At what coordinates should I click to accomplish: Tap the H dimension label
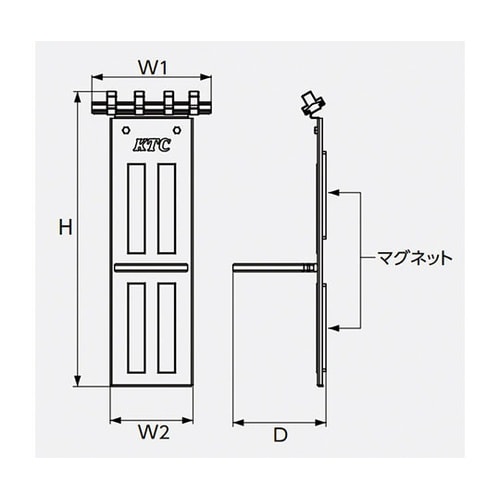click(62, 228)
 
